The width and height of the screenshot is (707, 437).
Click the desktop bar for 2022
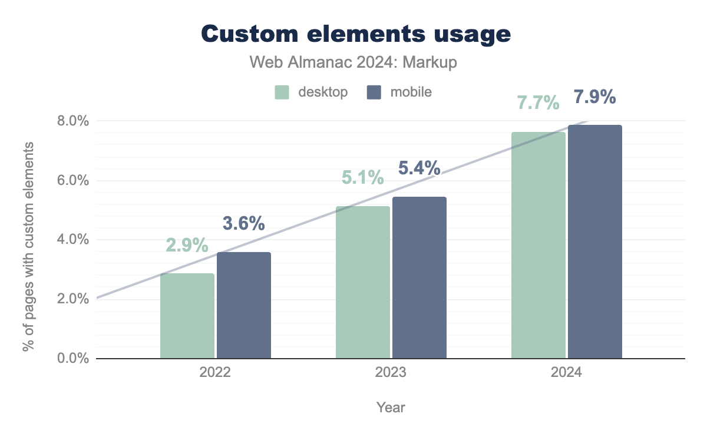(x=187, y=316)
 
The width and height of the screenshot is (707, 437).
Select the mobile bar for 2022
(x=244, y=305)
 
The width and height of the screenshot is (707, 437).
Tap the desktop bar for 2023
(x=363, y=282)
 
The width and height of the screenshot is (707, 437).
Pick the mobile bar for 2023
(x=419, y=277)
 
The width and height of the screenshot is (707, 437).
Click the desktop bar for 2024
(x=538, y=245)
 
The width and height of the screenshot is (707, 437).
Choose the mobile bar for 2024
(x=595, y=241)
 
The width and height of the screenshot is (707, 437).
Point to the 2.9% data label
(x=187, y=245)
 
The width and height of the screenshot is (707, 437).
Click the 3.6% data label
(x=243, y=224)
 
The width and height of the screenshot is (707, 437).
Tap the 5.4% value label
(x=419, y=168)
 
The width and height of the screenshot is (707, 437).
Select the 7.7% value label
(x=538, y=102)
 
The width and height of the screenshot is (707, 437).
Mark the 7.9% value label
(x=595, y=97)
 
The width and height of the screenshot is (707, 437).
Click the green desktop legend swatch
(x=282, y=92)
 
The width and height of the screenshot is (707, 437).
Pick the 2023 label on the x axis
(x=390, y=373)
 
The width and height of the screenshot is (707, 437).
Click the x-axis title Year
(x=391, y=407)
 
